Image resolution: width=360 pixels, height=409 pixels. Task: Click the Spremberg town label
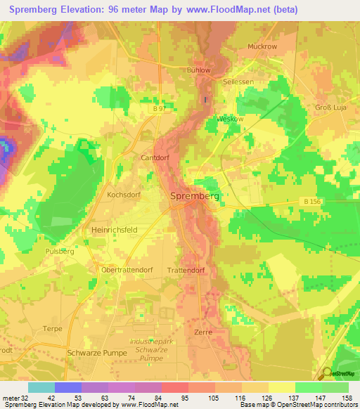coord(195,197)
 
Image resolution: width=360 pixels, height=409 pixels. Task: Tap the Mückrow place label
coord(262,47)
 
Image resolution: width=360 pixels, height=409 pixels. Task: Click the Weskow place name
coord(230,119)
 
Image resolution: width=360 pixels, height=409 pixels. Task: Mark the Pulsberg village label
coord(60,251)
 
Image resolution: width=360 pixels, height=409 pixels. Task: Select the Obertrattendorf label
coord(129,271)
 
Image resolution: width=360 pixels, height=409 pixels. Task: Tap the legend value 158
coord(347,399)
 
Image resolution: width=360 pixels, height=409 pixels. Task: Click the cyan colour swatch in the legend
coord(41,387)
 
